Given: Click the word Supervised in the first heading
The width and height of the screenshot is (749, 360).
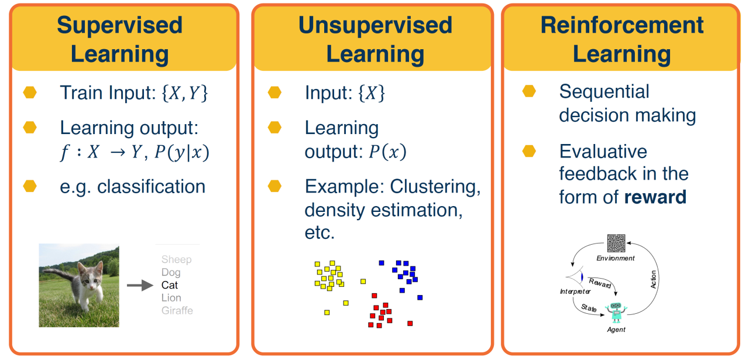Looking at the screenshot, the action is [120, 25].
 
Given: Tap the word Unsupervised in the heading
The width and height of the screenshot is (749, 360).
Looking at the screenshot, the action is [375, 25].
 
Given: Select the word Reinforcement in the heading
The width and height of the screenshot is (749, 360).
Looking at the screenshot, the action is [622, 25].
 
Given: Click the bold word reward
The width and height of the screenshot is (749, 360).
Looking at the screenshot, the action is [655, 197].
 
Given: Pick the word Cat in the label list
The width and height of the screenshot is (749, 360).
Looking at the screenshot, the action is [170, 285].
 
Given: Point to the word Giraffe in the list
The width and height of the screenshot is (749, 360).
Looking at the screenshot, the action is [177, 310].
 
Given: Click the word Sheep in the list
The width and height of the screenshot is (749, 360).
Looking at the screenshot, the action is [177, 259].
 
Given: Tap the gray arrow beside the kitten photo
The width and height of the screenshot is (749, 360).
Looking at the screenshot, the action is [140, 286].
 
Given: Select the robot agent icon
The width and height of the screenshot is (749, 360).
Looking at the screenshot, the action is [616, 312].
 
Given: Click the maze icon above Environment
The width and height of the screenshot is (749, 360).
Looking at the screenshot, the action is [616, 244].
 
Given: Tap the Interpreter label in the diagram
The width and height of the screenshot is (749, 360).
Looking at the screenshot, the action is [575, 292].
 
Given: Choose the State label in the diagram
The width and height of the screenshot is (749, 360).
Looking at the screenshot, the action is [589, 308].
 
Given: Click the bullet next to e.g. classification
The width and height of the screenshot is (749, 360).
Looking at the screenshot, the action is [30, 186].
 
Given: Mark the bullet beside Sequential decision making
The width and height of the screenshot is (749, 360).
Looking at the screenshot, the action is [529, 91].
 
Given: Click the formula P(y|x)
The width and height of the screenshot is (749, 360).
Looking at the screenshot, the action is [182, 152].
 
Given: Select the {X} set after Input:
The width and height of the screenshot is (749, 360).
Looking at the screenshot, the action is [372, 93].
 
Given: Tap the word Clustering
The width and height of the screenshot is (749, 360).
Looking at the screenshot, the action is [435, 187].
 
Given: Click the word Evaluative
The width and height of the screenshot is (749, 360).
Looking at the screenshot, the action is [603, 152].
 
